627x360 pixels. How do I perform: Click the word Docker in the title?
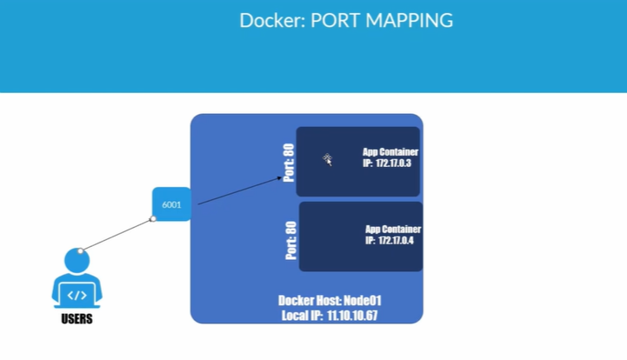coord(269,20)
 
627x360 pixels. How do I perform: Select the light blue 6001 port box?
coord(171,204)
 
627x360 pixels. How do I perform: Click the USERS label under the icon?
coord(77,319)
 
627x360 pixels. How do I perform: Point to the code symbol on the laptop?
coord(77,295)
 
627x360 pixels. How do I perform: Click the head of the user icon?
coord(77,260)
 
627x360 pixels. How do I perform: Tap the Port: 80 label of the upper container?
coord(289,162)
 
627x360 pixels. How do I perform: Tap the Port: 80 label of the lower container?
coord(291,240)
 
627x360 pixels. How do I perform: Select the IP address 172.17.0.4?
coord(396,241)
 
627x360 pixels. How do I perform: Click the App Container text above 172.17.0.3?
coord(390,152)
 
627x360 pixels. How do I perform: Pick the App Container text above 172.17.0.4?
coord(393,230)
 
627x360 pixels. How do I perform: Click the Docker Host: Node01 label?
coord(329,301)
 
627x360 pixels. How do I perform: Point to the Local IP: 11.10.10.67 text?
coord(330,315)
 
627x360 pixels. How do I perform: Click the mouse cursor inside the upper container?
coord(328,159)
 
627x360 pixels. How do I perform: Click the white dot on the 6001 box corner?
coord(153,218)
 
